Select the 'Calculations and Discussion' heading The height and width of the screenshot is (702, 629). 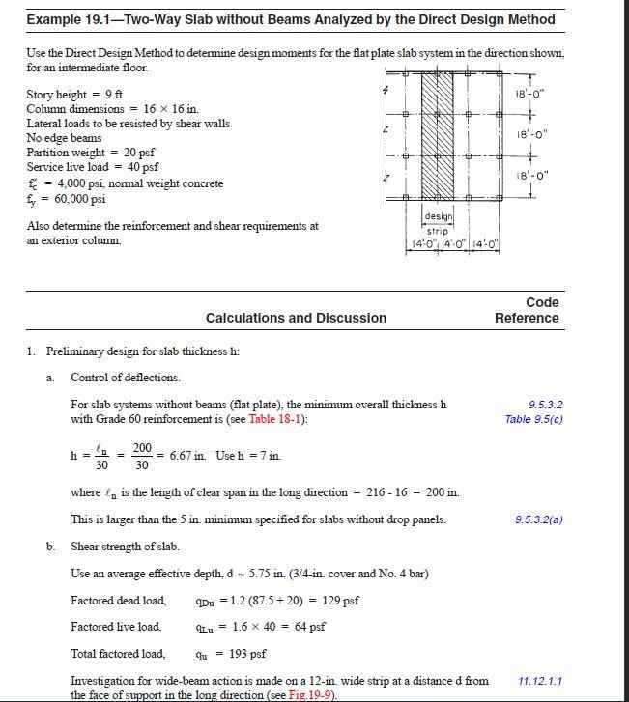(296, 318)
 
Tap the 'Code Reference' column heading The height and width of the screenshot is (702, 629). (527, 310)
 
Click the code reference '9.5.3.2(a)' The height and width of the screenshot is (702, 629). (539, 519)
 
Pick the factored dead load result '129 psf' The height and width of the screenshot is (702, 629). (338, 601)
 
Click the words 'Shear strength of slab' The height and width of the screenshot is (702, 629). (126, 547)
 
